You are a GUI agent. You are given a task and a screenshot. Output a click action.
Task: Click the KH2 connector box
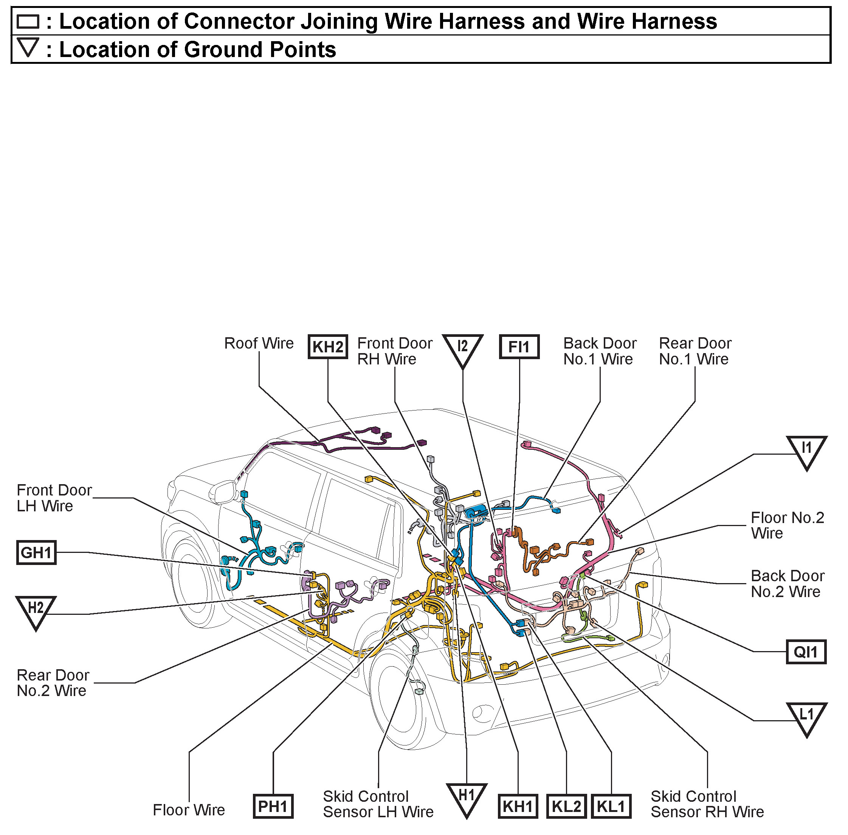(328, 347)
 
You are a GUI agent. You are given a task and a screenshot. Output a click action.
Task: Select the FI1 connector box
(519, 347)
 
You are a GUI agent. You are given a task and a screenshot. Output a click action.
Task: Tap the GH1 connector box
(36, 553)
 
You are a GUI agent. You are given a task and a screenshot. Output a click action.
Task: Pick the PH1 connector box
(273, 806)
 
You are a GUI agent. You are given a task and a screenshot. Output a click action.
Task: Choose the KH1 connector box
(518, 806)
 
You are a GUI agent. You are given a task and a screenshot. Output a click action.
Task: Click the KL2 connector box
(566, 806)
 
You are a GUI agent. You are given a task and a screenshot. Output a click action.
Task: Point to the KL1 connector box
(611, 806)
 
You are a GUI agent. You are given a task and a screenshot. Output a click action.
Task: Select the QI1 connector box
(806, 652)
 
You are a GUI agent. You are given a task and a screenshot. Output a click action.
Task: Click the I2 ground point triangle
(463, 349)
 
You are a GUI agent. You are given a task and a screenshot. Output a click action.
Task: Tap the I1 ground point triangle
(806, 450)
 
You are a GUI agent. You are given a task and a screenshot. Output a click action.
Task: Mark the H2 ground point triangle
(36, 610)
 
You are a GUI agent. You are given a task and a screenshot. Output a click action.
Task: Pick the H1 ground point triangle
(467, 797)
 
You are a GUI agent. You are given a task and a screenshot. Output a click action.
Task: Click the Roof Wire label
(259, 343)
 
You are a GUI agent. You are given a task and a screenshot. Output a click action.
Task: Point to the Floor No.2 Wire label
(788, 525)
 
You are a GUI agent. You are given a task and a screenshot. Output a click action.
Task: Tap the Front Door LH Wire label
(54, 498)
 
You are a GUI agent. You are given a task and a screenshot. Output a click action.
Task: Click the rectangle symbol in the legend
(28, 22)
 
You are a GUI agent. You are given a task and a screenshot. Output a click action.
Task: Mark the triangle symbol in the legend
(28, 47)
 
